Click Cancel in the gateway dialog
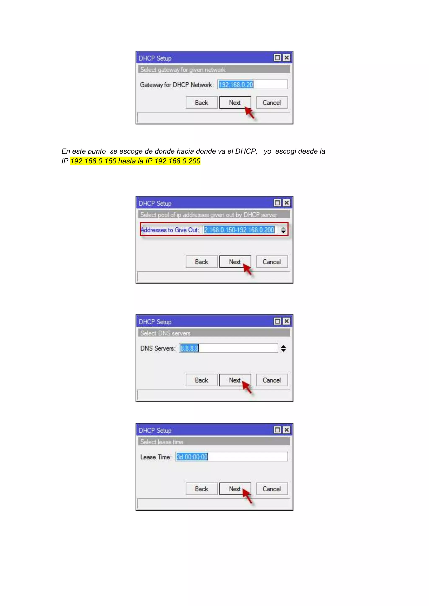pos(271,103)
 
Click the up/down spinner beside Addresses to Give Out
pos(283,230)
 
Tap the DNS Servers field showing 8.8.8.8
pos(228,348)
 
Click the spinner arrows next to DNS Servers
pos(283,348)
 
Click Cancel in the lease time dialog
pos(271,489)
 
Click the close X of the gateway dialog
pos(286,58)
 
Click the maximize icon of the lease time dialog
pos(277,430)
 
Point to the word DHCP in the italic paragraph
pos(246,151)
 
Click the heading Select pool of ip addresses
pos(209,215)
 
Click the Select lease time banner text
pos(162,442)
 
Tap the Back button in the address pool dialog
pos(201,262)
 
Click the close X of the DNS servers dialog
pos(286,321)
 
